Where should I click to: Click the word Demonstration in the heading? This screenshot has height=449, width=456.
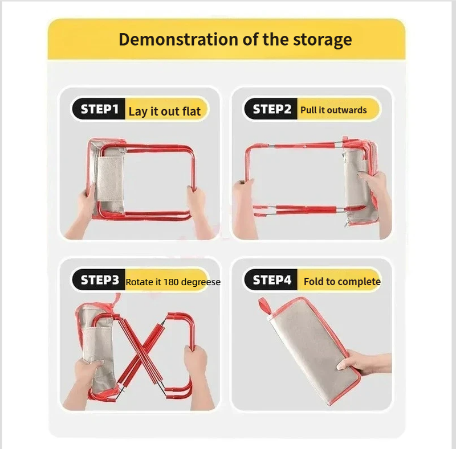coord(178,39)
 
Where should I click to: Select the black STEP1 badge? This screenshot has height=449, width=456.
coord(99,109)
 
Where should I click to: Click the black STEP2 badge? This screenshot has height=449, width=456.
coord(271,109)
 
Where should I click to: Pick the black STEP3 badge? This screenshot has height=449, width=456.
coord(99,280)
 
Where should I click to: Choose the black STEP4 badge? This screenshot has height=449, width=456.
coord(271,280)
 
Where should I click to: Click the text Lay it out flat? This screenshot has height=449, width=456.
coord(165,111)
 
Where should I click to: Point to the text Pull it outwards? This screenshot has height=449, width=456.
coord(333,110)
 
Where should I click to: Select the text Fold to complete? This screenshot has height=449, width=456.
coord(342,282)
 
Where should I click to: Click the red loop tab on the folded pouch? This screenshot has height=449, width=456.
coord(264,306)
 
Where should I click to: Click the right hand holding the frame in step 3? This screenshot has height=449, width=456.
coord(198,374)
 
